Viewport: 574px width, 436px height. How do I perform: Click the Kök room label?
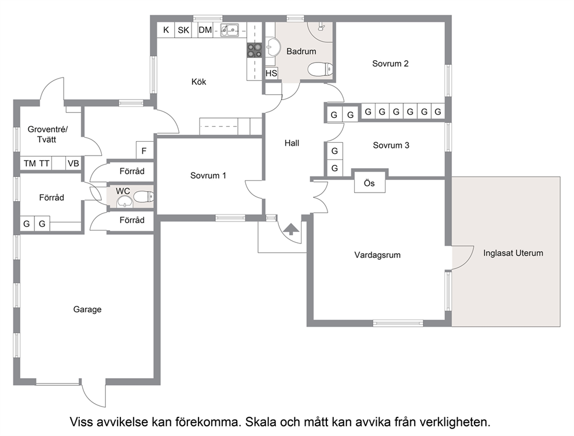199,82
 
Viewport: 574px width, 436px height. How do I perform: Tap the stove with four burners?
255,50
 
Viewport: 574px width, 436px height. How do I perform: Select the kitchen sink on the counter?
230,29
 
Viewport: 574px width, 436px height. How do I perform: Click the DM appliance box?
205,29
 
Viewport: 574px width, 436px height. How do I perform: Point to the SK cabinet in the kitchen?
183,29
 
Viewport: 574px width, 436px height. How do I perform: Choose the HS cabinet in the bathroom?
271,73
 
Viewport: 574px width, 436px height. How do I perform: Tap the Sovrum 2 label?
390,64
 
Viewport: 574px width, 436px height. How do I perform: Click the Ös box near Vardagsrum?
369,183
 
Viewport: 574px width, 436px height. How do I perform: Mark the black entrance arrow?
292,229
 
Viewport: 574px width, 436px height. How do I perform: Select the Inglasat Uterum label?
513,253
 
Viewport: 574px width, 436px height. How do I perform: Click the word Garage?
87,309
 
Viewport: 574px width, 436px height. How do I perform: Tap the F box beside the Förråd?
144,150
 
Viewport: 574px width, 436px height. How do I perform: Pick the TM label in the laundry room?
30,164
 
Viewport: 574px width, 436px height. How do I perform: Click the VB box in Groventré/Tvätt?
73,164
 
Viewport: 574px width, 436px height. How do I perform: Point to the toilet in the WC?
143,197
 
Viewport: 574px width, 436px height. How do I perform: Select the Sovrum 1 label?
208,176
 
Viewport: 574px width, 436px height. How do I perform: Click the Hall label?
292,143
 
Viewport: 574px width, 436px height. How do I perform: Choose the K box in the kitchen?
166,29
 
